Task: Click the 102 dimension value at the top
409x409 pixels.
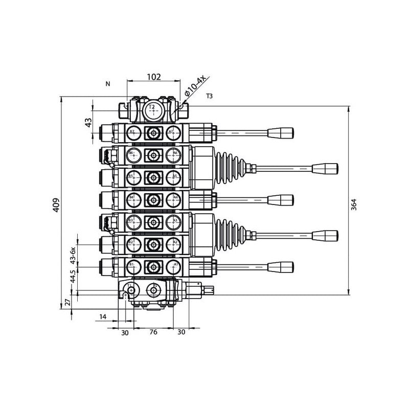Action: click(x=154, y=77)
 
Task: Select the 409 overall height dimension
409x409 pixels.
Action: click(x=57, y=204)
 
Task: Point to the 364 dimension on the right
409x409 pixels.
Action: click(x=353, y=204)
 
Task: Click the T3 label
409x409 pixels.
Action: click(x=210, y=96)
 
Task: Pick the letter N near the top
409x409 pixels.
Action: click(x=107, y=83)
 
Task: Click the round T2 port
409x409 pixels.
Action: click(x=151, y=109)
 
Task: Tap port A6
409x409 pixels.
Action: click(x=174, y=154)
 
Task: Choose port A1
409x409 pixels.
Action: click(x=174, y=265)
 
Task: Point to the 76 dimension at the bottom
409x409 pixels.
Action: click(x=153, y=332)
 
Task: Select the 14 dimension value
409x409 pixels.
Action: click(x=103, y=317)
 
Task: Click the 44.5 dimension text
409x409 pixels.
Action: click(x=73, y=277)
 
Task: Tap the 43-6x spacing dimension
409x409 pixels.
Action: click(x=73, y=254)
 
